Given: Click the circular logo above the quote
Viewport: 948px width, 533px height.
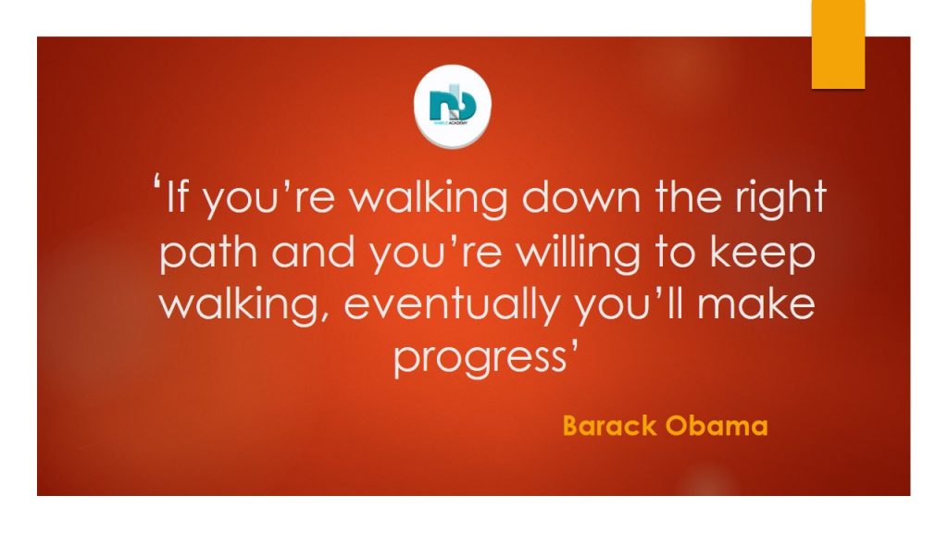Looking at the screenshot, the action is pyautogui.click(x=452, y=106).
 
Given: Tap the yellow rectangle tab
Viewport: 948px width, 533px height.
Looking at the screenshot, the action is pyautogui.click(x=838, y=44).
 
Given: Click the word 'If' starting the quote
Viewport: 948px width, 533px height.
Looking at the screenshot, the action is pyautogui.click(x=176, y=197).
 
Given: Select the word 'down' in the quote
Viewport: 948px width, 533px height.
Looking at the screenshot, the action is pyautogui.click(x=580, y=197).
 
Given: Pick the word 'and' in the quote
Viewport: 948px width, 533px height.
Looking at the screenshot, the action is pyautogui.click(x=313, y=252).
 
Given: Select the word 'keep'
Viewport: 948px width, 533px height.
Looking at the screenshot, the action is pyautogui.click(x=763, y=254).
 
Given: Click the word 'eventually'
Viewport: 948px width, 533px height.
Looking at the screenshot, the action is pyautogui.click(x=451, y=306).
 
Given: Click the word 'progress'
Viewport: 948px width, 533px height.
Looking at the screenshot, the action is pyautogui.click(x=480, y=359).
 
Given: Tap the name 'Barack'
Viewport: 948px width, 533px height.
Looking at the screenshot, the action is pyautogui.click(x=609, y=426).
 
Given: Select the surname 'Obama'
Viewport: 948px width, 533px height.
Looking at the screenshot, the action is pyautogui.click(x=717, y=426).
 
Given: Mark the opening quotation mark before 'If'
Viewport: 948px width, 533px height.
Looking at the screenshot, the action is pyautogui.click(x=157, y=182).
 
